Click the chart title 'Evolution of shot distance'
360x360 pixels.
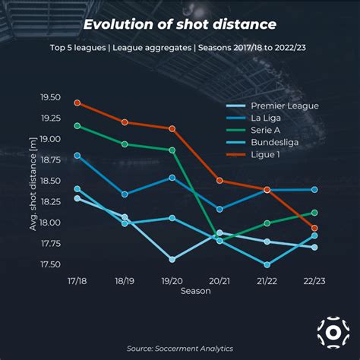coord(179,24)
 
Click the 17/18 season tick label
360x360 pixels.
coord(77,280)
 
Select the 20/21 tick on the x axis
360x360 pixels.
coord(219,280)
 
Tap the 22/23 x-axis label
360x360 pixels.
coord(314,280)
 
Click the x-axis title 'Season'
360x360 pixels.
coord(196,291)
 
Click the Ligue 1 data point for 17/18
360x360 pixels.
coord(77,103)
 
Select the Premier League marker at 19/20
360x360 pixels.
coord(172,259)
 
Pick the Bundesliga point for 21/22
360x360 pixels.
coord(267,264)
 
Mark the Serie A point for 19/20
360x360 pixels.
coord(172,150)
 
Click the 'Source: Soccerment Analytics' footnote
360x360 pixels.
coord(179,348)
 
